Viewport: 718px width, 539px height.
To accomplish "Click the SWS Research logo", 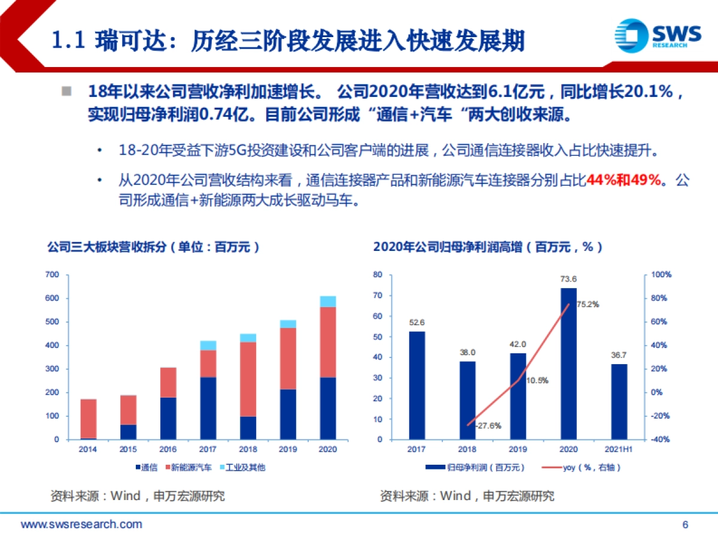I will (x=658, y=35).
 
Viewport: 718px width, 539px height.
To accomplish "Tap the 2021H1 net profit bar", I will (x=619, y=401).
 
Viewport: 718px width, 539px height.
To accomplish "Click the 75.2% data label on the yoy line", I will (x=588, y=304).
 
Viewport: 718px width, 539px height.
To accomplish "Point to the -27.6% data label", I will (x=488, y=426).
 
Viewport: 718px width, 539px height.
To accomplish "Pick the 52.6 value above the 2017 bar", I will (x=417, y=322).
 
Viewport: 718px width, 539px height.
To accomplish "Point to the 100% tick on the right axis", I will (x=661, y=275).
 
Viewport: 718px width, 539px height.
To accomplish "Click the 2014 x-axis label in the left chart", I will (x=89, y=449).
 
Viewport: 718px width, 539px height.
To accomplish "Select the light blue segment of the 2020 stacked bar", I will (x=328, y=301).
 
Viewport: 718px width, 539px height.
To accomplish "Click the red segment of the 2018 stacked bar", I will (x=248, y=379).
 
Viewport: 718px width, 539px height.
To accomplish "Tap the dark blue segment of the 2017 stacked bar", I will (x=208, y=408).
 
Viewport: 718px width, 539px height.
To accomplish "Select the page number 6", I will (x=685, y=525).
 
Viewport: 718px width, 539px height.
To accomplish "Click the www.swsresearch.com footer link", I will (x=81, y=525).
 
